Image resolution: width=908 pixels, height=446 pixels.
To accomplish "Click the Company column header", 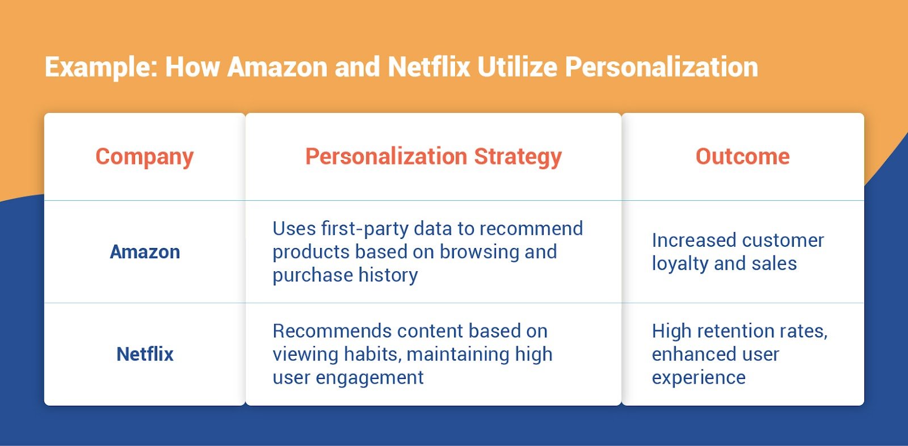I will coord(145,157).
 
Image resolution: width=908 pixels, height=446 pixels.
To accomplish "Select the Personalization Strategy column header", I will coord(434,157).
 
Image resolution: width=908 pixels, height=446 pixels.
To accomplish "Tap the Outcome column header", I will coord(742,157).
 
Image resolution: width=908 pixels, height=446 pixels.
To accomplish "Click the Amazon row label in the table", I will coord(145,252).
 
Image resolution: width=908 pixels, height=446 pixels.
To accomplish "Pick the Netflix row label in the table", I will coord(145,354).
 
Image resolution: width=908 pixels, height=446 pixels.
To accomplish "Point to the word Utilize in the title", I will coord(517,67).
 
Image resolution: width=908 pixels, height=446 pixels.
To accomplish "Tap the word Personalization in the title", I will coord(661,67).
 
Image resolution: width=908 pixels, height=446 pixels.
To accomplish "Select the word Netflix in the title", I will coord(429,67).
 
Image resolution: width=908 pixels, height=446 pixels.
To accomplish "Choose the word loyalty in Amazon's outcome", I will coord(680,264).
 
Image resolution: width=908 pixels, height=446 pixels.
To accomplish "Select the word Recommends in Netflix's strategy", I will coord(332,331).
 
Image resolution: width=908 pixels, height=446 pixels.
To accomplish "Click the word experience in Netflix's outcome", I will coord(699,378).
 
